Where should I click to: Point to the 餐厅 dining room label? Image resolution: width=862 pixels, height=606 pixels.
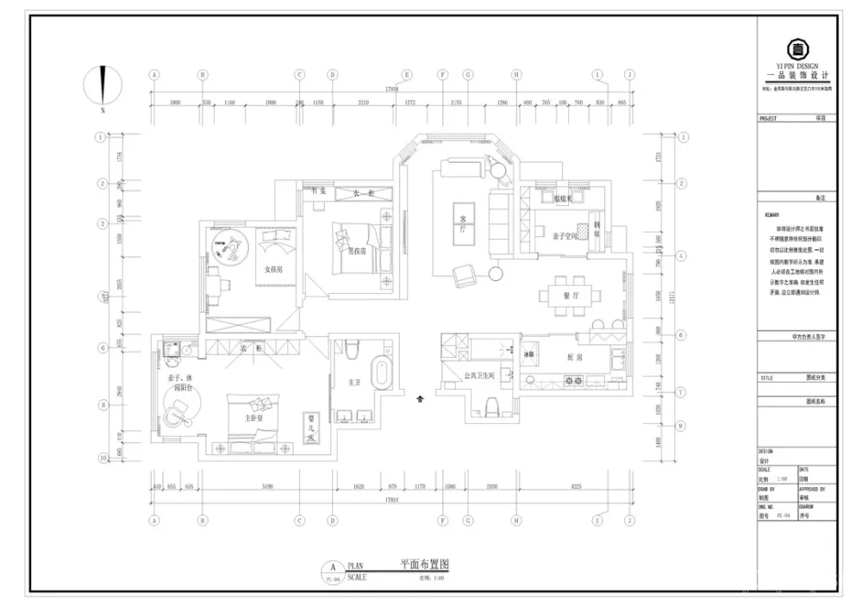coord(570,295)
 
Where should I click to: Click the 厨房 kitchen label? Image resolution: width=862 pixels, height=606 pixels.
coord(575,356)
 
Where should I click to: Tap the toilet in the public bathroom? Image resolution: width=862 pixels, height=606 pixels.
coord(491,405)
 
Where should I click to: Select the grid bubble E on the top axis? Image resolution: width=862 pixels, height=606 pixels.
coord(407,75)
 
